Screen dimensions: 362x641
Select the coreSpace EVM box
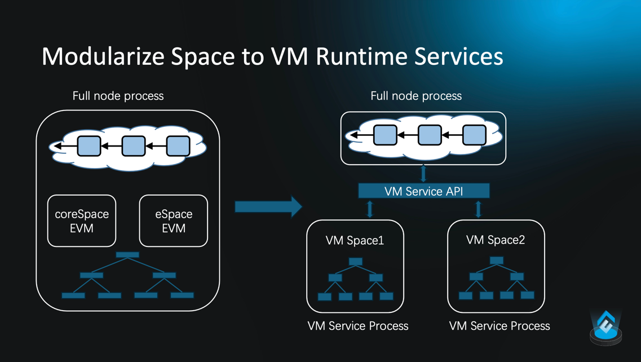[82, 221]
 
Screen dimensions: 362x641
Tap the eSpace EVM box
[174, 221]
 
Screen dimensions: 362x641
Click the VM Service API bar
[424, 191]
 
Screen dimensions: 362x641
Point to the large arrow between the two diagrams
[268, 207]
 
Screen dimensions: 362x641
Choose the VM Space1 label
[355, 241]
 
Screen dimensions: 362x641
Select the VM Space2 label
[496, 240]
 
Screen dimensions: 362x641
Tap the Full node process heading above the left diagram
[118, 96]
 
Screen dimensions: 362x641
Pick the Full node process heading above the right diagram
[416, 96]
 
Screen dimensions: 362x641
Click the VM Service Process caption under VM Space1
[358, 326]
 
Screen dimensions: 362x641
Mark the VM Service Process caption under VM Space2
[499, 326]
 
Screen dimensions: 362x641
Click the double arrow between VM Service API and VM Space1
[370, 209]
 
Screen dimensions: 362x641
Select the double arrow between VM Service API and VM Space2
[478, 209]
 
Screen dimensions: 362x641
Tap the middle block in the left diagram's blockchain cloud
[134, 146]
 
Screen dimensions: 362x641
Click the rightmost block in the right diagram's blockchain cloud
[474, 135]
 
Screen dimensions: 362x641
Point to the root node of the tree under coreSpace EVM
[127, 255]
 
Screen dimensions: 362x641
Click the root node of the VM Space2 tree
[497, 261]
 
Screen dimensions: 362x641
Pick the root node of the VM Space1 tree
[356, 262]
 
